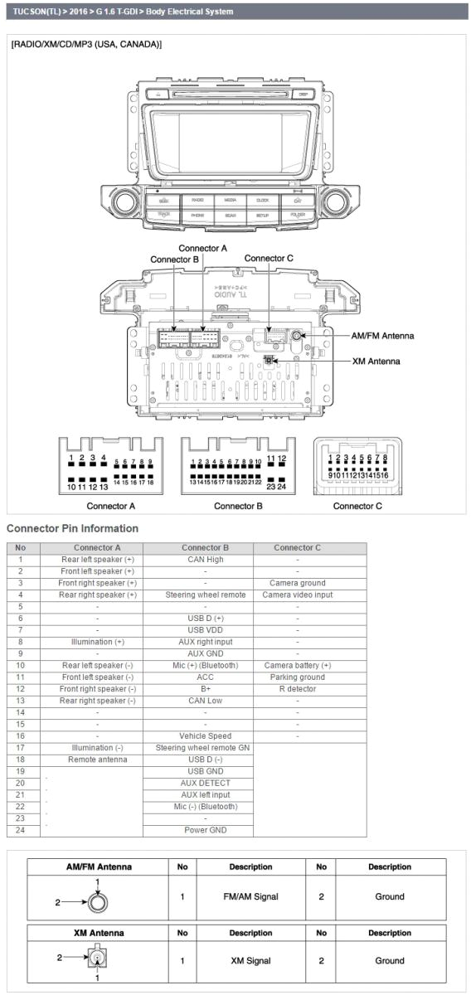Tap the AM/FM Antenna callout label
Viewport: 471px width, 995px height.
tap(383, 336)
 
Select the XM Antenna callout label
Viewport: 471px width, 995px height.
tap(376, 362)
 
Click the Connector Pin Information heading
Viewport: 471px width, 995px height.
tap(72, 528)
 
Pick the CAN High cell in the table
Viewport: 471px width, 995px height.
tap(205, 560)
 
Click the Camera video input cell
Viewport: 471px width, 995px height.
tap(297, 595)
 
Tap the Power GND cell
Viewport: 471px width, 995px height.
tap(205, 829)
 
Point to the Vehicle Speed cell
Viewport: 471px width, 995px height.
tap(205, 735)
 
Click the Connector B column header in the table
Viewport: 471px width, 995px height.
tap(205, 547)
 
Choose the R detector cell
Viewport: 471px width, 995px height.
tap(297, 689)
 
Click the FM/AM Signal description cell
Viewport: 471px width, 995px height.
tap(250, 896)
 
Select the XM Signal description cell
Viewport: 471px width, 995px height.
tap(250, 961)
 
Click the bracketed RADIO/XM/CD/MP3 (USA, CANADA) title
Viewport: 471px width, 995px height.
tap(86, 44)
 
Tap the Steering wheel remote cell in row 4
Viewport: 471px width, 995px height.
tap(205, 595)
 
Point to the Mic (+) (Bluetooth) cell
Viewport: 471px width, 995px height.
tap(205, 665)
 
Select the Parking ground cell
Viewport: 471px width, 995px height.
tap(297, 677)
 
